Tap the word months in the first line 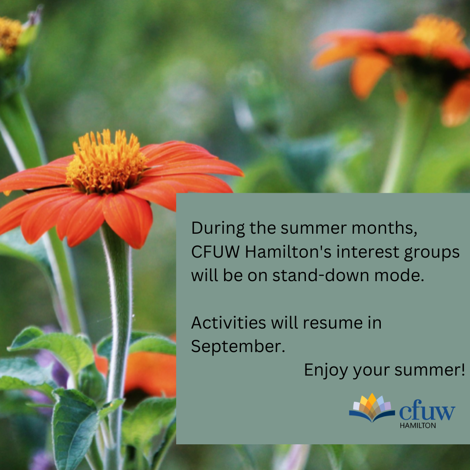[x=384, y=228]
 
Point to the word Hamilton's [x=288, y=252]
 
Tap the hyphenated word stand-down [x=320, y=275]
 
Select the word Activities [x=228, y=322]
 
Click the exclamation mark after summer [x=463, y=369]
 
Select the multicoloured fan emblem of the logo [x=372, y=407]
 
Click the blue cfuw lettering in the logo [x=427, y=411]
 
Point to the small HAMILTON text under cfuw [x=418, y=425]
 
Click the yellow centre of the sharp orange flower [x=107, y=161]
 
